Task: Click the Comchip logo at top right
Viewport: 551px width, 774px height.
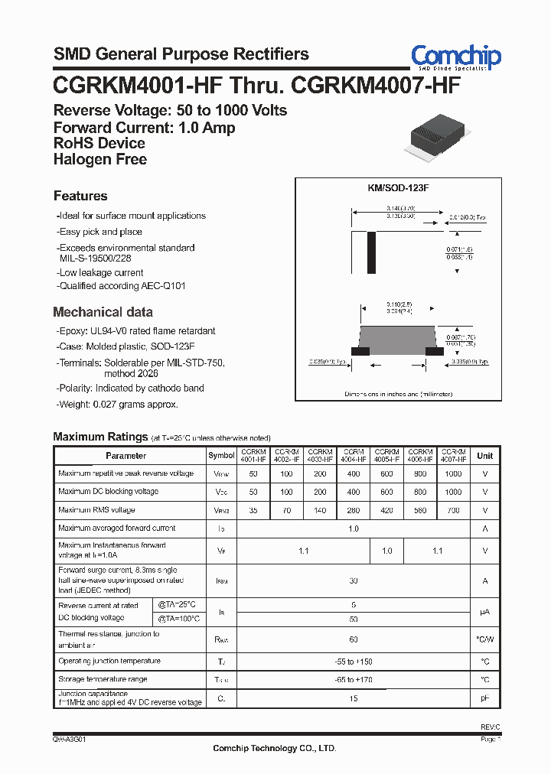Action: [456, 57]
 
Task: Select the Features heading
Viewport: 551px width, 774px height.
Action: [80, 196]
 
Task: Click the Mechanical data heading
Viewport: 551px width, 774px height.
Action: [103, 312]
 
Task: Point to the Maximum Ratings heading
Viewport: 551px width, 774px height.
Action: [100, 437]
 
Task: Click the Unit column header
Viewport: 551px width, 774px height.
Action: [485, 455]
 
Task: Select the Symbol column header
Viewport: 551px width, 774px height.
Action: [222, 455]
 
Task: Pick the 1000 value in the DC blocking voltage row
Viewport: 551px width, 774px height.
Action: [453, 492]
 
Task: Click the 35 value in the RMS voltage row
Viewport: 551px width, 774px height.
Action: [253, 510]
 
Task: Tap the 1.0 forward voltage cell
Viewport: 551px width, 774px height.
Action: [387, 551]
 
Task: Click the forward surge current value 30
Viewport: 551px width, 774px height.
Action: [354, 581]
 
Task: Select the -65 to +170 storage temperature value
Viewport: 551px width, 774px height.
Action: [354, 679]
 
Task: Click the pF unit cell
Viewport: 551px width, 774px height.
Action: [485, 698]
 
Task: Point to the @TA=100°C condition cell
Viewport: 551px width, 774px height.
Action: [179, 618]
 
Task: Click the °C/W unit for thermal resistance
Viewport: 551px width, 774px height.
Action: [485, 639]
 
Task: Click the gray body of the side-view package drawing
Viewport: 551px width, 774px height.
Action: [397, 337]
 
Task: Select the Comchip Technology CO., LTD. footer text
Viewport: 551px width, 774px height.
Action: [274, 749]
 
